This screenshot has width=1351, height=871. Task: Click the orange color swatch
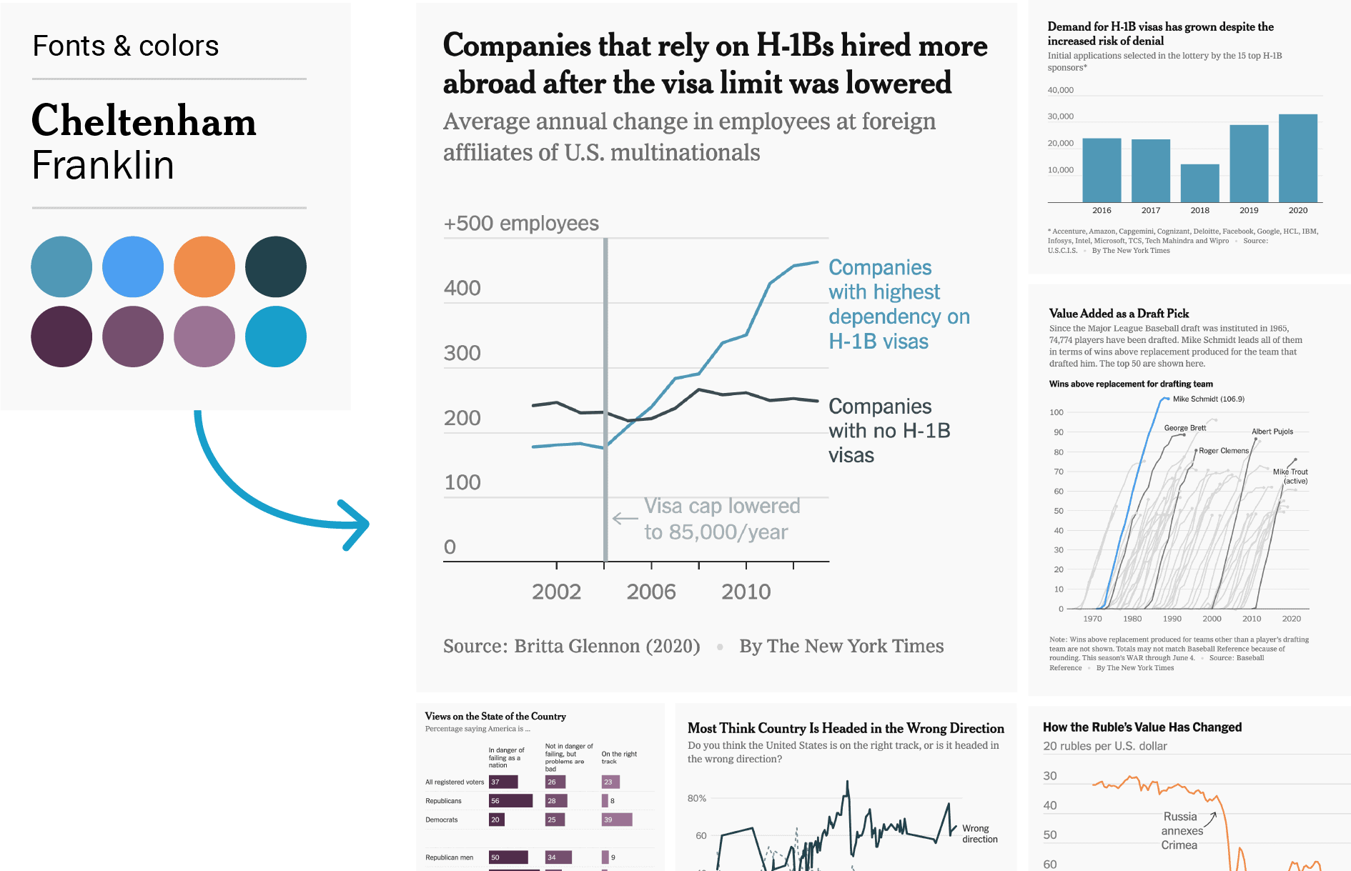tap(204, 267)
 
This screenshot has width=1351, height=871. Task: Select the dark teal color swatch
tap(275, 267)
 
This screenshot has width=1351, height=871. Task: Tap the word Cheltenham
tap(144, 121)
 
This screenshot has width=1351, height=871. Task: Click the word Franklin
tap(103, 166)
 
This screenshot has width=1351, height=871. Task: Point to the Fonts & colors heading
tap(126, 46)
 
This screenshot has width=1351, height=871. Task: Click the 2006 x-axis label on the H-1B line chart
tap(650, 592)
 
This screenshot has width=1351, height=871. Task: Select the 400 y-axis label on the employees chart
tap(462, 288)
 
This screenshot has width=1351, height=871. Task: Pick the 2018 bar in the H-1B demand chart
tap(1199, 183)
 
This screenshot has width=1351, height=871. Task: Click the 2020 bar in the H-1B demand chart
tap(1297, 158)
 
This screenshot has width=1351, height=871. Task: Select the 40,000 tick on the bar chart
tap(1060, 90)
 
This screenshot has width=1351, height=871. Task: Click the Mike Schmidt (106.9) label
tap(1208, 399)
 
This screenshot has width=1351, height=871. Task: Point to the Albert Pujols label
tap(1272, 432)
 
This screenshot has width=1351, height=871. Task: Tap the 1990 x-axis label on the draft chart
tap(1172, 619)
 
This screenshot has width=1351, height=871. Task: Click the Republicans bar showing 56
tap(510, 801)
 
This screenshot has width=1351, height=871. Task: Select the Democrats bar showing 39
tap(617, 820)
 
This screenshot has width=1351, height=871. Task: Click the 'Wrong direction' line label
tap(979, 834)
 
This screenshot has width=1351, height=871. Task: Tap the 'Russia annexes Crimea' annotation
tap(1180, 831)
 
